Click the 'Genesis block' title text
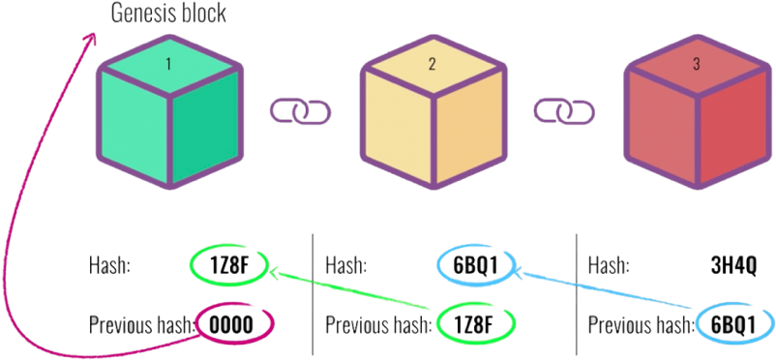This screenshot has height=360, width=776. pyautogui.click(x=168, y=14)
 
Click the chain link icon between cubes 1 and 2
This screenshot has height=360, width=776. pyautogui.click(x=299, y=112)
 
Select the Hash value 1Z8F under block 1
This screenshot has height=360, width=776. pyautogui.click(x=228, y=264)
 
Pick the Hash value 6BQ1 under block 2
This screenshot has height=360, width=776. pyautogui.click(x=473, y=264)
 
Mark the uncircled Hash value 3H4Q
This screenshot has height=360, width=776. pyautogui.click(x=731, y=264)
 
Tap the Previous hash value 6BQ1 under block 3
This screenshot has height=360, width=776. pyautogui.click(x=732, y=323)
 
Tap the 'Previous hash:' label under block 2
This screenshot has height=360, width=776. pyautogui.click(x=374, y=323)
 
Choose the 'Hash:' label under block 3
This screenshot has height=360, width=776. pyautogui.click(x=610, y=264)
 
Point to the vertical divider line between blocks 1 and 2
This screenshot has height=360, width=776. pyautogui.click(x=312, y=290)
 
